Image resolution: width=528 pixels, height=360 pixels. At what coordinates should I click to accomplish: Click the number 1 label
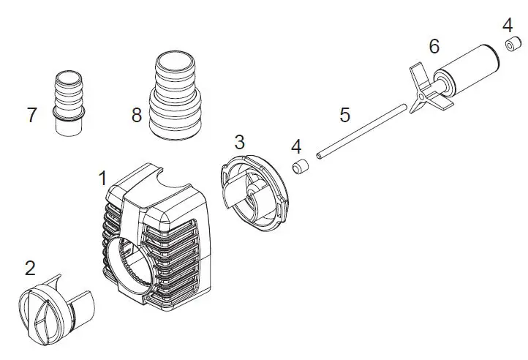[x=103, y=178]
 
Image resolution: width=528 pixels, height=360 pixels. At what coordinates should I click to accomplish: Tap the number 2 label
[x=29, y=268]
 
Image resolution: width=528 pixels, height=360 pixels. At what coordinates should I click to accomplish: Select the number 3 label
[x=239, y=142]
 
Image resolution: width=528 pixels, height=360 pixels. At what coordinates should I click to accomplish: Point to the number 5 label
[x=344, y=115]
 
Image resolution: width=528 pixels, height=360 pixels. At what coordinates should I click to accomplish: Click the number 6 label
[x=434, y=47]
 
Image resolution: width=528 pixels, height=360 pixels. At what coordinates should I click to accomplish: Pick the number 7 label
[x=31, y=115]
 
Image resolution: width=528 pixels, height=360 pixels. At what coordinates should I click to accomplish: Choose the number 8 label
[x=136, y=115]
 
